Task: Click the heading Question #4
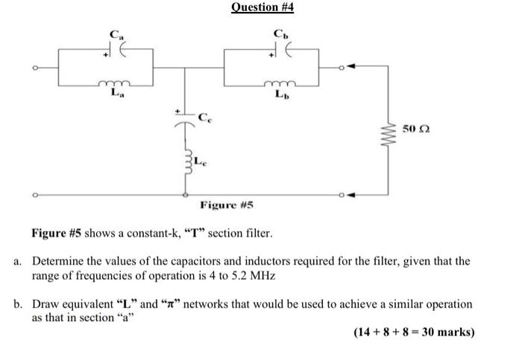[x=262, y=7]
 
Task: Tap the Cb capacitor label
[x=278, y=34]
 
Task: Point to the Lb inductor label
[x=279, y=94]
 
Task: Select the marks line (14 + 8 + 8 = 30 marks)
[x=414, y=332]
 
